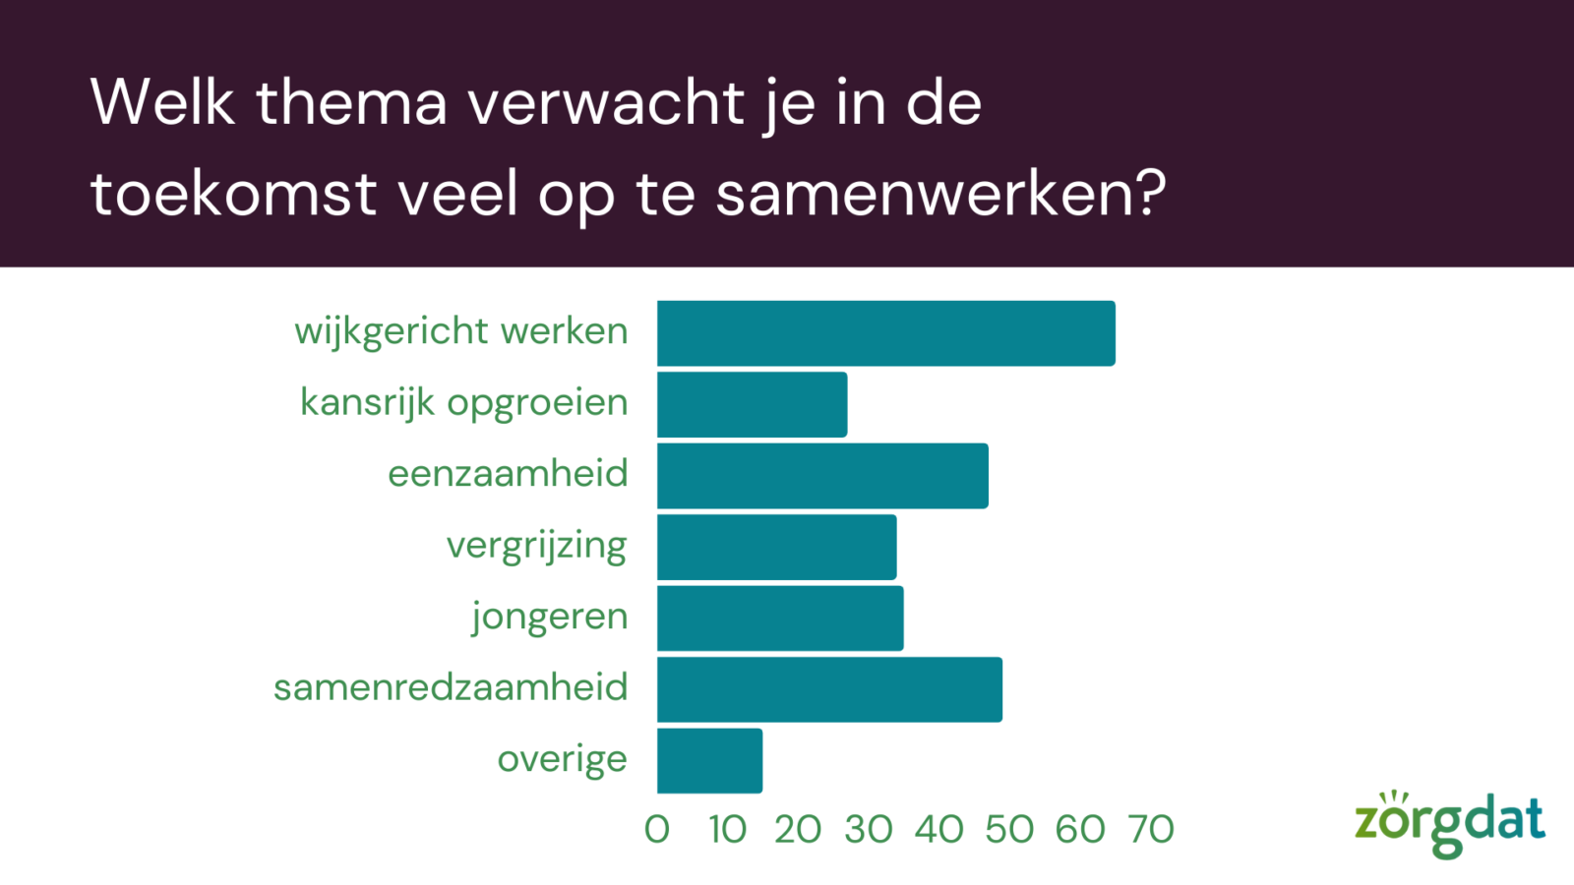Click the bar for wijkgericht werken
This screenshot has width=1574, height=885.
[886, 333]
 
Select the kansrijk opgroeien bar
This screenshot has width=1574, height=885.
[752, 404]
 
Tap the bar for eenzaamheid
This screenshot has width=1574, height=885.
[822, 476]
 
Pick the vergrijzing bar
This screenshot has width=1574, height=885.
[776, 547]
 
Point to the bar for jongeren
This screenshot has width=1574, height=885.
[780, 619]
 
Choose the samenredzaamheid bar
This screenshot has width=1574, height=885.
[830, 689]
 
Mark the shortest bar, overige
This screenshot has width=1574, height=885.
[709, 761]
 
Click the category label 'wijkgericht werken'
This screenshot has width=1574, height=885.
[461, 331]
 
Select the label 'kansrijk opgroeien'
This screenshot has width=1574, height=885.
[463, 403]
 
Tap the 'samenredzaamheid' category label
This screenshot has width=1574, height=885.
[451, 687]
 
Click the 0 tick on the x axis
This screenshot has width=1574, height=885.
[657, 830]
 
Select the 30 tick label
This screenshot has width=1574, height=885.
[869, 830]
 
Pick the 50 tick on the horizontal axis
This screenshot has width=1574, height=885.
[1009, 830]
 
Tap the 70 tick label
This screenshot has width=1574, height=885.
[1151, 830]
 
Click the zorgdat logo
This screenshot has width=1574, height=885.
[1450, 824]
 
